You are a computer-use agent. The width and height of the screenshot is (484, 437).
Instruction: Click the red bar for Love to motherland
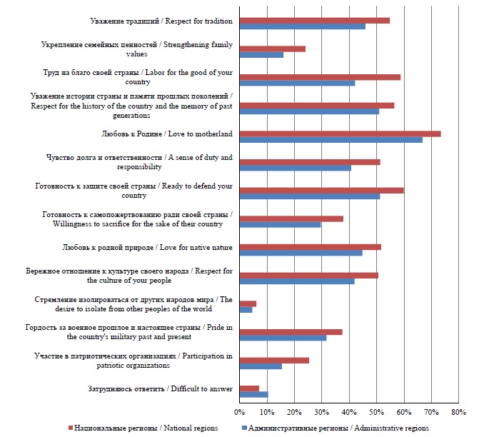340,134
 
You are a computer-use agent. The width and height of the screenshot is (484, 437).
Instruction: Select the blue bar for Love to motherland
331,140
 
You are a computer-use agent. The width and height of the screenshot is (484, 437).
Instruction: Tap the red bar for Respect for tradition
314,20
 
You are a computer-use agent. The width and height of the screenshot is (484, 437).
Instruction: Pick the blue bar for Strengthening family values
261,55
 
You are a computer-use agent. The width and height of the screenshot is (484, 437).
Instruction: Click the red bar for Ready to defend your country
321,190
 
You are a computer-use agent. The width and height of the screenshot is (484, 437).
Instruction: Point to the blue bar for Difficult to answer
253,394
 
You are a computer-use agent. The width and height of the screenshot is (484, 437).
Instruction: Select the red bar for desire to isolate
248,303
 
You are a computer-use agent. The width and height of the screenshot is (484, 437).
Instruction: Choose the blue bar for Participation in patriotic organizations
261,366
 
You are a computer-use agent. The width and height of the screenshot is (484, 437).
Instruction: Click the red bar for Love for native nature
310,246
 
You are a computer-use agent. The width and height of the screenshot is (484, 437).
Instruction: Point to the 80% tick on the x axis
458,413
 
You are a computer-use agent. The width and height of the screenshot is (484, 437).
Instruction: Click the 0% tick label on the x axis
239,413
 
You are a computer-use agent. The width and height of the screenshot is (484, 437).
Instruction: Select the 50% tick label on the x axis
376,413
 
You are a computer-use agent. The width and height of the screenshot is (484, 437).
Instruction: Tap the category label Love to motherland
168,134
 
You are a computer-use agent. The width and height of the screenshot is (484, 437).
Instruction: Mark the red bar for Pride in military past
291,331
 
